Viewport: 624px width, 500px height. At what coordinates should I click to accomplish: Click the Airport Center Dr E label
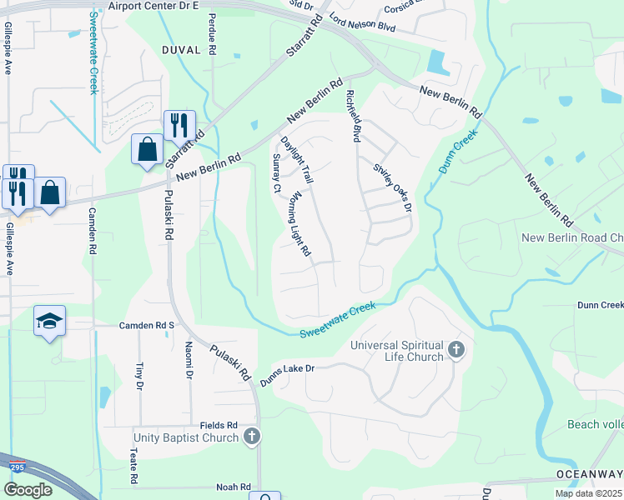click(x=154, y=5)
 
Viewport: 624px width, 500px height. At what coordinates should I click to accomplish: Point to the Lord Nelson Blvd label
click(x=362, y=27)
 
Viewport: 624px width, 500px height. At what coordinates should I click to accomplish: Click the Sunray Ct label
click(x=276, y=173)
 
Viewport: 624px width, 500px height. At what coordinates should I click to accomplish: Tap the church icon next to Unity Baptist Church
click(x=252, y=437)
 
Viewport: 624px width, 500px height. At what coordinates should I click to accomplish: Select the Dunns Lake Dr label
click(x=286, y=367)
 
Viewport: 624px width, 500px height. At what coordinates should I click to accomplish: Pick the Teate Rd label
click(x=133, y=467)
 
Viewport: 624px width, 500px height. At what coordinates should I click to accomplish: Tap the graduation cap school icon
click(x=49, y=321)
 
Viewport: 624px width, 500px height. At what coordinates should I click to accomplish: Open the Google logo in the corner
click(x=28, y=490)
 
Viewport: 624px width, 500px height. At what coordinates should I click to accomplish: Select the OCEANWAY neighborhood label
click(x=589, y=475)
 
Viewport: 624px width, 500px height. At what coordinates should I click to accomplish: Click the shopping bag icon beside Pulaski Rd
click(x=148, y=150)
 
